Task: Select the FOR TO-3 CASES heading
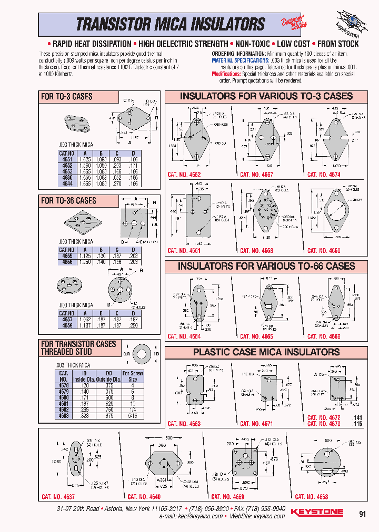[x=67, y=97]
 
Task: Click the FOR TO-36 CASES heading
[x=69, y=200]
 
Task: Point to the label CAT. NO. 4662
[x=184, y=174]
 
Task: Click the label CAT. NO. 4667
[x=256, y=174]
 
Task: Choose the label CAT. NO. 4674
[x=324, y=174]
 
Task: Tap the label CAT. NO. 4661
[x=184, y=251]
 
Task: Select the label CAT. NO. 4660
[x=324, y=251]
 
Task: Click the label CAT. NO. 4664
[x=184, y=336]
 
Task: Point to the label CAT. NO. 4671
[x=256, y=424]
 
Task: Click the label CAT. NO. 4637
[x=58, y=497]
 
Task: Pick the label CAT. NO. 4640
[x=144, y=497]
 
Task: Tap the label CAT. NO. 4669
[x=227, y=497]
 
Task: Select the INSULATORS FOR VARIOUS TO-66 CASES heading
[x=266, y=267]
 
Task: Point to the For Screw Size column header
[x=133, y=376]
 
